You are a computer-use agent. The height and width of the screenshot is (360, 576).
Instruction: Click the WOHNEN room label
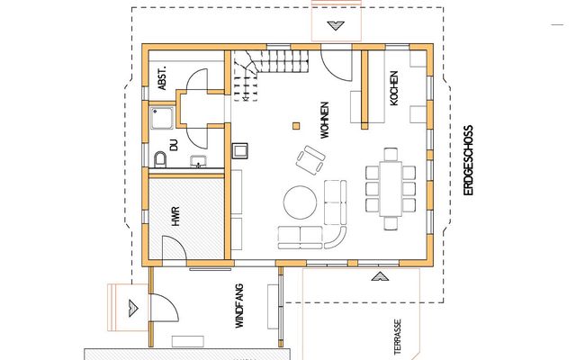click(x=325, y=120)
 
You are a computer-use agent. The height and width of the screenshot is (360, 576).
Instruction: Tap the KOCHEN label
click(x=394, y=88)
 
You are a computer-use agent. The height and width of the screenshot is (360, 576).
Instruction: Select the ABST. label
click(x=162, y=78)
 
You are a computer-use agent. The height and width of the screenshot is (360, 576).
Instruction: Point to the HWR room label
click(x=176, y=216)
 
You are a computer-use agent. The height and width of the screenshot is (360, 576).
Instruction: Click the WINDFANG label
click(x=239, y=306)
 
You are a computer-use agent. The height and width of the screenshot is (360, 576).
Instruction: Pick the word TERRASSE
click(x=398, y=337)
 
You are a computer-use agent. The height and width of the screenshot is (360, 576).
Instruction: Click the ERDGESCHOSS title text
click(x=469, y=160)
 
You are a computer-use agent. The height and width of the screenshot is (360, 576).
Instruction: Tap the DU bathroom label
click(x=174, y=145)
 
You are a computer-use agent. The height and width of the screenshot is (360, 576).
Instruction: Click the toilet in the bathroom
click(x=160, y=159)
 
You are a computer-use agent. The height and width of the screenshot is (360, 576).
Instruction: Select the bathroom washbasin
click(x=198, y=161)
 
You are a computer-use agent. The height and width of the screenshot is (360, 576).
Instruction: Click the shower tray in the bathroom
click(x=162, y=118)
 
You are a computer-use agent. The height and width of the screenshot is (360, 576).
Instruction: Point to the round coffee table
click(x=300, y=202)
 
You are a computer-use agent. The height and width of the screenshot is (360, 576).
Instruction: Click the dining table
click(x=391, y=188)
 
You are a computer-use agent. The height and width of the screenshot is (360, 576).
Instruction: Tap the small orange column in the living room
click(x=296, y=126)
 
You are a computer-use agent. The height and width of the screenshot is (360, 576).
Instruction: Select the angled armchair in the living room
click(x=310, y=160)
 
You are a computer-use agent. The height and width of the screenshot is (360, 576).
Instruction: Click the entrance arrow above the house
click(x=336, y=26)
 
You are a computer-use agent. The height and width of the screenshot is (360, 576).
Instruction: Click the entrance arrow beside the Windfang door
click(x=133, y=308)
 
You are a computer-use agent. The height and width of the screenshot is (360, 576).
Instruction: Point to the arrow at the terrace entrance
click(x=380, y=276)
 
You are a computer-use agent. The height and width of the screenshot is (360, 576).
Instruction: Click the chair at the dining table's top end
click(x=391, y=154)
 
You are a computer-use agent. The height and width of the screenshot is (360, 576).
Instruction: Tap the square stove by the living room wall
click(x=240, y=150)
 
